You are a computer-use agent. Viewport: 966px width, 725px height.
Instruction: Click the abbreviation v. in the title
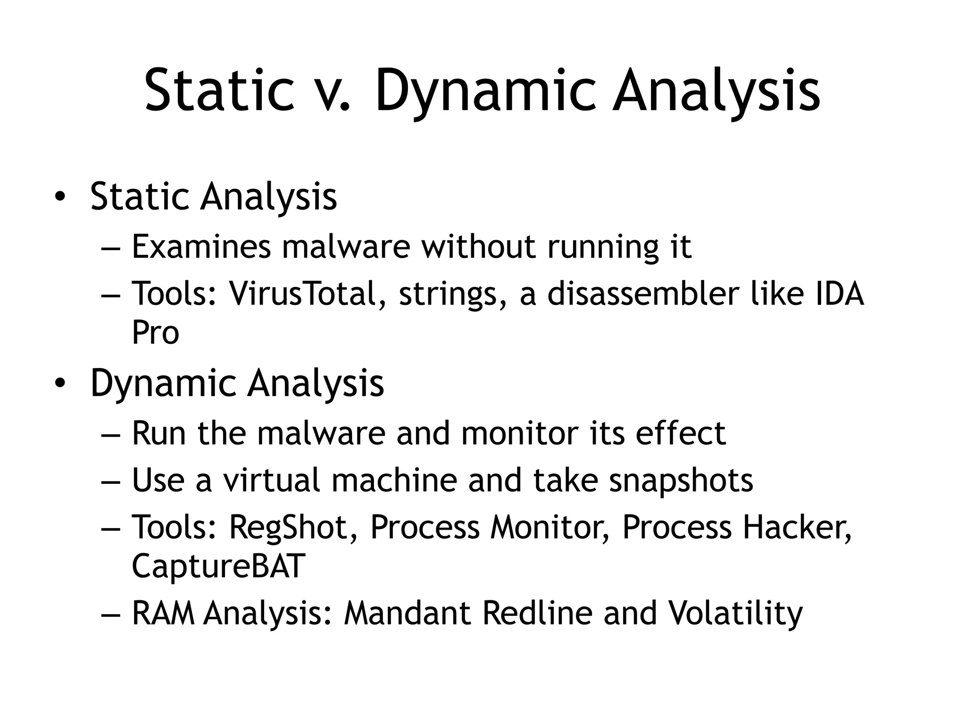coord(333,91)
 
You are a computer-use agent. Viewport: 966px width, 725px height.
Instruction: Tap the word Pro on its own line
coord(155,332)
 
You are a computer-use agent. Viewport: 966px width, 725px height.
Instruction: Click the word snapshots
coord(681,481)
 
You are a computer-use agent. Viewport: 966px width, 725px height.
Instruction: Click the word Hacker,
coord(798,527)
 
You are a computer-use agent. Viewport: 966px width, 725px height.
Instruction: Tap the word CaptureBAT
coord(218,566)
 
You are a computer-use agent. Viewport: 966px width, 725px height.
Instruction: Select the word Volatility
coord(736,613)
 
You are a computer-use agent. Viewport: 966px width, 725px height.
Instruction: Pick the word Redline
coord(537,613)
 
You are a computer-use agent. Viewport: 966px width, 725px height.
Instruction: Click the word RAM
coord(163,613)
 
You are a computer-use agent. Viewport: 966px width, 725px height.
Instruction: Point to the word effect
coord(681,433)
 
